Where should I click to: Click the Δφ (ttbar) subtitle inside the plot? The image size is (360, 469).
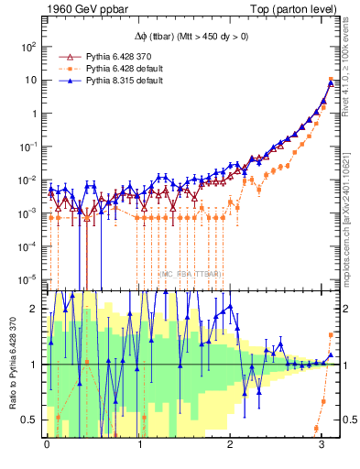191,36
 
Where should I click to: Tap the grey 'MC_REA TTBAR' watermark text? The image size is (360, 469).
191,274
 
